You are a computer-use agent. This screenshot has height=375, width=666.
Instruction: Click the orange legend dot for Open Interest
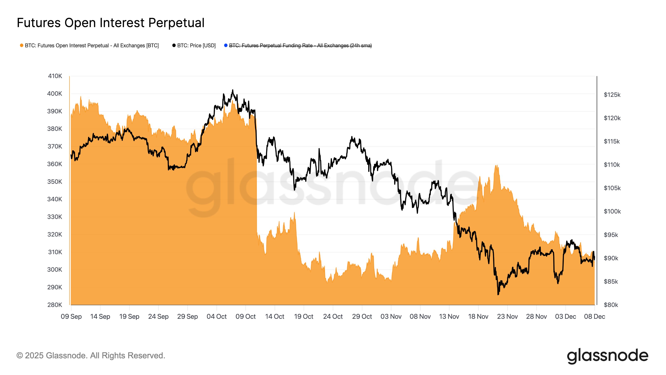click(22, 46)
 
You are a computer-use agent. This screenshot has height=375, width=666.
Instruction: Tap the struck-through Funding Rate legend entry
click(300, 46)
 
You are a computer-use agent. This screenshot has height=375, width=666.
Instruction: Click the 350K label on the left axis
click(55, 182)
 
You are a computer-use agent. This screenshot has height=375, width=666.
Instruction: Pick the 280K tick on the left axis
click(55, 305)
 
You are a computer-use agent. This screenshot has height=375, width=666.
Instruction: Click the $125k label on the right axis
click(612, 95)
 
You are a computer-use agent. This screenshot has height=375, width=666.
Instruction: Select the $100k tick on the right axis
click(612, 211)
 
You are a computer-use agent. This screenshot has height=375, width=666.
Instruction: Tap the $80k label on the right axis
click(611, 305)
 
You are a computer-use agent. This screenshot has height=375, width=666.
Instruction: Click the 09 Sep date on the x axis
click(71, 316)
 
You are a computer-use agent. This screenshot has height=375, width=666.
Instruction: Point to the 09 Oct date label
click(245, 316)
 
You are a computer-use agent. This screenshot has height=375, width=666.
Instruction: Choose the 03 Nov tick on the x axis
click(391, 316)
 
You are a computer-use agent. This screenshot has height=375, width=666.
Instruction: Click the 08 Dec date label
click(594, 316)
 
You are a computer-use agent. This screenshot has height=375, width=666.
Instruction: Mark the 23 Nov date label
click(507, 316)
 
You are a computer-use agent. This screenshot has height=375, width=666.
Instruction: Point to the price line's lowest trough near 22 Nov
click(498, 294)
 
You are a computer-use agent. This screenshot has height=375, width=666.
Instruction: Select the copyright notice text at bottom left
click(91, 356)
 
